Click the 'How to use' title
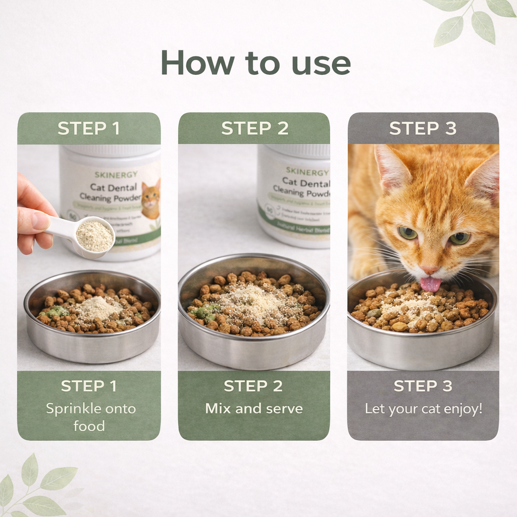click(x=255, y=63)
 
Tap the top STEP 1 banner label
click(x=89, y=128)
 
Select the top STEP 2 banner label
click(x=254, y=128)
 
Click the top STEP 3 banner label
click(x=423, y=128)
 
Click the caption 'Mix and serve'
click(x=254, y=408)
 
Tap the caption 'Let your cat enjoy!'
click(x=423, y=408)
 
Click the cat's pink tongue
click(x=430, y=284)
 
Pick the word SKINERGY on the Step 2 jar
click(x=307, y=171)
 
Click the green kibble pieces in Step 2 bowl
click(x=205, y=312)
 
